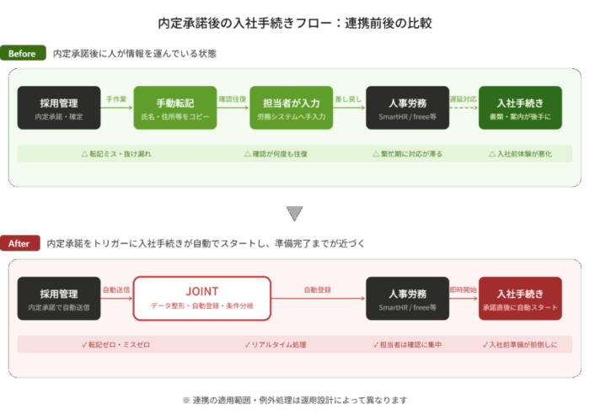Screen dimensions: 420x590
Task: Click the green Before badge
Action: coord(23,54)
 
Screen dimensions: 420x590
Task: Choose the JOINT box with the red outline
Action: coord(201,298)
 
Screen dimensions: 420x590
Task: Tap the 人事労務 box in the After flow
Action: coord(407,298)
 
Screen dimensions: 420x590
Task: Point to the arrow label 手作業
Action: coord(116,99)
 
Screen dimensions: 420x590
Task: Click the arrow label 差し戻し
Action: coord(348,99)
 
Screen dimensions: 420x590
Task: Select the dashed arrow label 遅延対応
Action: coord(463,99)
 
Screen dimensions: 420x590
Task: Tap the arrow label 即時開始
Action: coord(463,290)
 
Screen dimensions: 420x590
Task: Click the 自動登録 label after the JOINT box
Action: coord(318,290)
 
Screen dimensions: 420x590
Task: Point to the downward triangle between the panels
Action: coord(294,214)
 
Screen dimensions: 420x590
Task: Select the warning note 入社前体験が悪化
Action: coord(519,155)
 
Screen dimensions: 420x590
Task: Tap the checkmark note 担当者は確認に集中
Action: coord(407,345)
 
